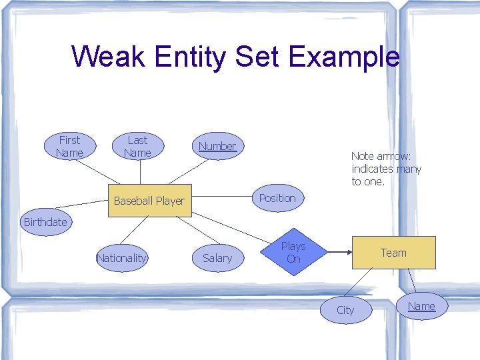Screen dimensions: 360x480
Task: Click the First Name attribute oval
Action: coord(69,147)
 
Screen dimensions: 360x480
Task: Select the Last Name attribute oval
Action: coord(137,147)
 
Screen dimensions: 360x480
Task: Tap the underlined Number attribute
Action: coord(217,147)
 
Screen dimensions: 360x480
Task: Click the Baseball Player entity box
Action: coord(149,201)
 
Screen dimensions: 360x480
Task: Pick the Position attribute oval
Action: coord(277,198)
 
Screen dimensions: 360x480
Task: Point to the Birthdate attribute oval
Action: coord(45,222)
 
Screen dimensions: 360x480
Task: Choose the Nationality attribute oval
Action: coord(121,258)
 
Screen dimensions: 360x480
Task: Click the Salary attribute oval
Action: coord(217,258)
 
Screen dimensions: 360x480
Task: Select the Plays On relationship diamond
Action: coord(293,252)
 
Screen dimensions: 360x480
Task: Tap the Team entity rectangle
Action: coord(393,253)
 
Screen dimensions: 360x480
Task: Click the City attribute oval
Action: coord(345,310)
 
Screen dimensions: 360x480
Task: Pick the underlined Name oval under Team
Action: coord(421,306)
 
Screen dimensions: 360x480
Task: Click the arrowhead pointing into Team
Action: coord(347,253)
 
